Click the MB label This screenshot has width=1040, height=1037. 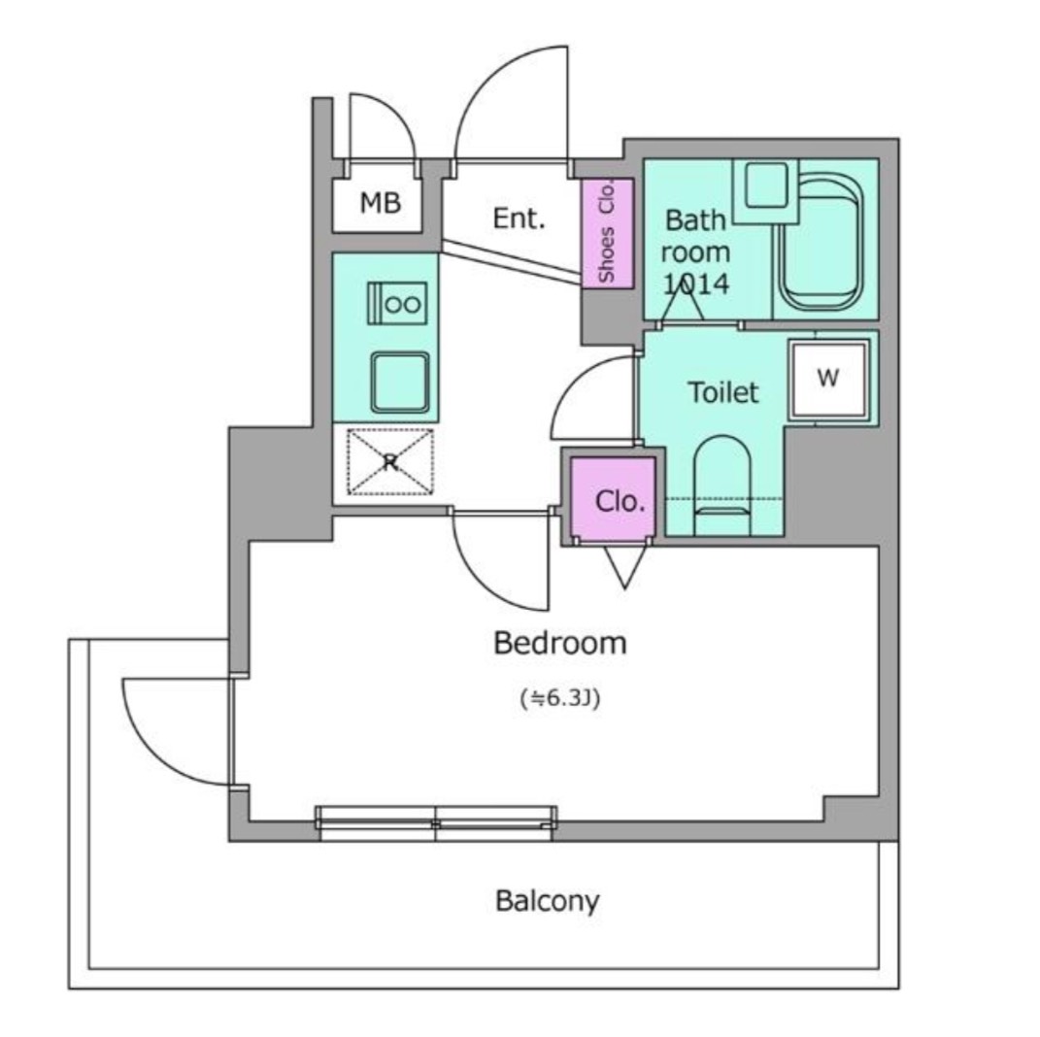pyautogui.click(x=380, y=202)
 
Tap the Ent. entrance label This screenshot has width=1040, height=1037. pyautogui.click(x=519, y=218)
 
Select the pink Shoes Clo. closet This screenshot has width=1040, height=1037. pyautogui.click(x=608, y=233)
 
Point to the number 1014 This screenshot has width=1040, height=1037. pyautogui.click(x=696, y=284)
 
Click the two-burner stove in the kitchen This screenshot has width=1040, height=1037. pyautogui.click(x=397, y=303)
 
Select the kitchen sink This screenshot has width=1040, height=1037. pyautogui.click(x=400, y=382)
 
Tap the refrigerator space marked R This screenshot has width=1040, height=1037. pyautogui.click(x=390, y=462)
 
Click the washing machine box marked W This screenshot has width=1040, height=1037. pyautogui.click(x=828, y=379)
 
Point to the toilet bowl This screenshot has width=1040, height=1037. pyautogui.click(x=722, y=485)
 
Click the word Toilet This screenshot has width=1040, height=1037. pyautogui.click(x=723, y=392)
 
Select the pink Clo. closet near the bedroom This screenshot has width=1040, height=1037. pyautogui.click(x=614, y=498)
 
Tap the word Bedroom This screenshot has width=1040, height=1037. pyautogui.click(x=559, y=643)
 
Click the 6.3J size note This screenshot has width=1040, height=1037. pyautogui.click(x=560, y=698)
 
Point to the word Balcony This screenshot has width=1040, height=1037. pyautogui.click(x=548, y=901)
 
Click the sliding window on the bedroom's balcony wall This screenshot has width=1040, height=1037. pyautogui.click(x=436, y=823)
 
